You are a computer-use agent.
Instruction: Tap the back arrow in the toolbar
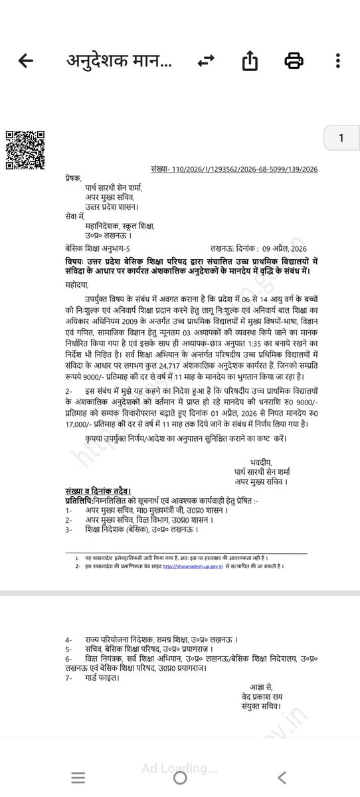click(x=26, y=62)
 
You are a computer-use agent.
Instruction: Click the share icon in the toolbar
click(x=250, y=62)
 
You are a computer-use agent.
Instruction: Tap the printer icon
click(x=294, y=62)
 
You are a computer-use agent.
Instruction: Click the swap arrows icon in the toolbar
click(x=207, y=62)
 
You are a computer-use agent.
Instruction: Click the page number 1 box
click(x=341, y=138)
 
